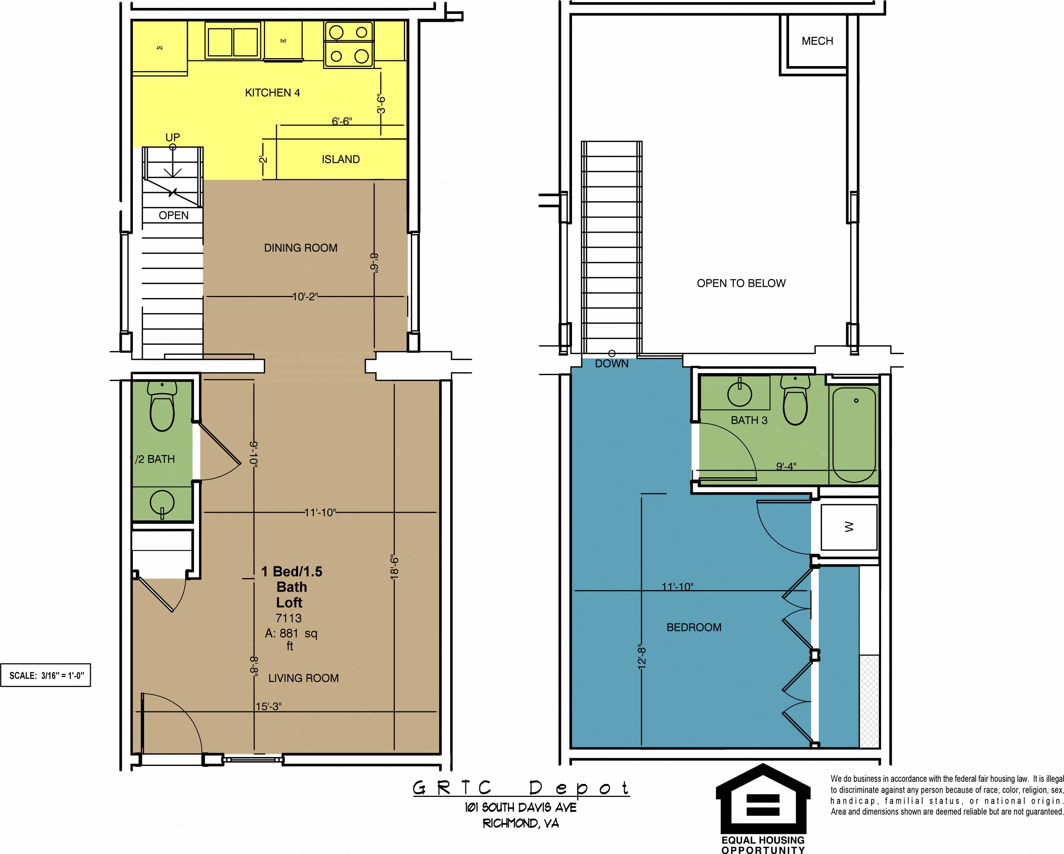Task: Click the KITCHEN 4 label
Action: point(273,93)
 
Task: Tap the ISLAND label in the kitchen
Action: point(340,159)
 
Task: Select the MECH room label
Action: point(817,41)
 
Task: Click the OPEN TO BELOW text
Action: point(741,283)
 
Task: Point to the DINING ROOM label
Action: point(301,248)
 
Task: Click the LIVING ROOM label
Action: point(303,678)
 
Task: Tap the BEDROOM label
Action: point(694,627)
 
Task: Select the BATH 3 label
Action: point(749,420)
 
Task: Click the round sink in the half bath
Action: point(162,504)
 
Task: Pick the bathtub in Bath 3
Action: point(854,435)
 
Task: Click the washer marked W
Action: point(849,527)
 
